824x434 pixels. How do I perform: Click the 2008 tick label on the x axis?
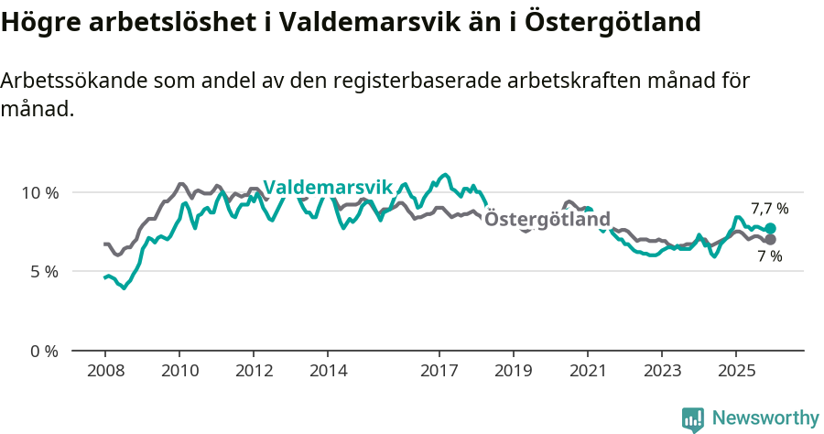[x=104, y=371]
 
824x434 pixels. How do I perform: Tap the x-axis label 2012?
[x=254, y=371]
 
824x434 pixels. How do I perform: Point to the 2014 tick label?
[x=328, y=371]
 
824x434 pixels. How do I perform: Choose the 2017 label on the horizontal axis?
[x=439, y=371]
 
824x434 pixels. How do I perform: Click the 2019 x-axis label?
[x=514, y=371]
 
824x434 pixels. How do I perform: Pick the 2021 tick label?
[x=587, y=371]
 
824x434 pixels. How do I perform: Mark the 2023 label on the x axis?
[x=662, y=371]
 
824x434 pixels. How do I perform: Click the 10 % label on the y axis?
[x=39, y=193]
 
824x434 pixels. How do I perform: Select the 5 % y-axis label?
[x=43, y=272]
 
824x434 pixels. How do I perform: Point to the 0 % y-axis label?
[x=43, y=351]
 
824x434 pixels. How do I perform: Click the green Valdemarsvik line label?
[x=328, y=188]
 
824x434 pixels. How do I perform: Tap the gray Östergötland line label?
[x=547, y=220]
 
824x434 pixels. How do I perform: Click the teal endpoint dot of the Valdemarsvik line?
[x=770, y=228]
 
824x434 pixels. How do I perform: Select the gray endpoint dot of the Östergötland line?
[x=770, y=240]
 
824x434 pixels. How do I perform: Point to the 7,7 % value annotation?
[x=769, y=209]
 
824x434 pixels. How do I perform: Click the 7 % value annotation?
[x=769, y=257]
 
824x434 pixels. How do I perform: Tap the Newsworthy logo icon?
[x=693, y=419]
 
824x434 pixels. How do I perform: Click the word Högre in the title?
[x=39, y=22]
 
